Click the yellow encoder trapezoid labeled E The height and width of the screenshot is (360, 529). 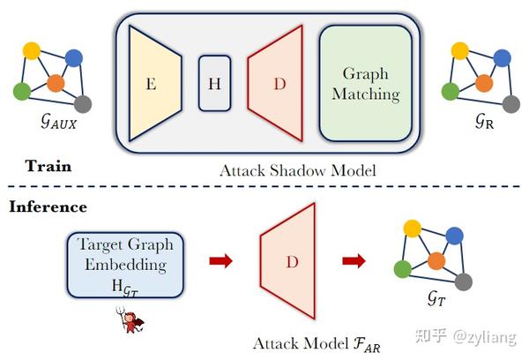pos(155,83)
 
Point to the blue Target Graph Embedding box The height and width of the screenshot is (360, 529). pos(124,262)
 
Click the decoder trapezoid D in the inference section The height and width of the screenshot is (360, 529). pos(290,262)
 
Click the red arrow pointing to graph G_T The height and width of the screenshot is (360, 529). pos(354,261)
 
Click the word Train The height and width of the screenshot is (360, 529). pos(48,166)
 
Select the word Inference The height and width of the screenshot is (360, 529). pos(48,207)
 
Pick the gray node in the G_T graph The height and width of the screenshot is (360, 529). pos(464,281)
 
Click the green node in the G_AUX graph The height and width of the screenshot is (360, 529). pos(22,90)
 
